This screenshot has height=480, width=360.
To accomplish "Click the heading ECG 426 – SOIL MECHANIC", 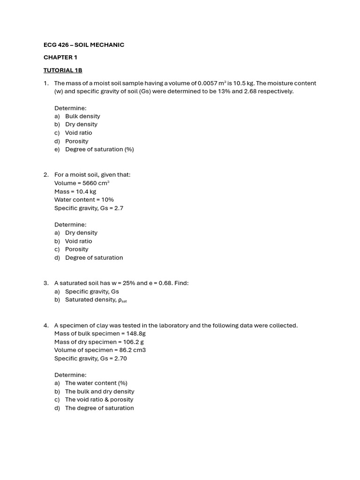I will coord(84,45).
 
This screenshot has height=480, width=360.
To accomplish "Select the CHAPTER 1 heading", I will coord(60,57).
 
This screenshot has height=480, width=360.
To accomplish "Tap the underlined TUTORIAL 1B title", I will coord(63,70).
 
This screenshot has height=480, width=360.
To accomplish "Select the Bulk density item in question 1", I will coord(82,116).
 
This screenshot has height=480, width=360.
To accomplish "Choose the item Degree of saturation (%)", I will coord(99,150).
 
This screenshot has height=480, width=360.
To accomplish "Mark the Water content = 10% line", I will coord(84,200).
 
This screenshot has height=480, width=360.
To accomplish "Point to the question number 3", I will coord(46,283).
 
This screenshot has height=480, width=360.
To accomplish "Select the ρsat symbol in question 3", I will coord(122,300).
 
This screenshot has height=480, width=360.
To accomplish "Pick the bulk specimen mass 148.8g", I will coord(136,334).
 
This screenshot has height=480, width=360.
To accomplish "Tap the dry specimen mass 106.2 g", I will coord(133,342).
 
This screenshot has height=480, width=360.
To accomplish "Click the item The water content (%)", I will coord(96,383).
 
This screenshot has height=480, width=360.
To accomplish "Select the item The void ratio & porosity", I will coord(99,400).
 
